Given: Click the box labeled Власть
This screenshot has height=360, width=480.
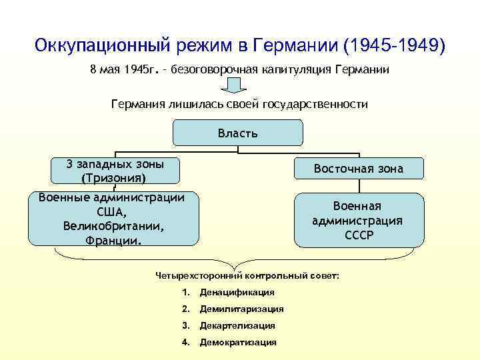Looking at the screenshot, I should (x=237, y=133).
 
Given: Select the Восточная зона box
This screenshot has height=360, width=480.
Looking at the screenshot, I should (x=359, y=169).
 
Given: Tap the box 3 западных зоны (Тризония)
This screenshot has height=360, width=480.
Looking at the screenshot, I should (x=116, y=171).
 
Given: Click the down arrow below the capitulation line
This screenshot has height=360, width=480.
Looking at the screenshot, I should (x=234, y=85).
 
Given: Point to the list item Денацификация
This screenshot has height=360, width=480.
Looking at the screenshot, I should (x=237, y=292).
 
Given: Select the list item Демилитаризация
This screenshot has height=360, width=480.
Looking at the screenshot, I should (x=241, y=309).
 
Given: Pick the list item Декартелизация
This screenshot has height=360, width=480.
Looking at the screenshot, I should (x=237, y=325).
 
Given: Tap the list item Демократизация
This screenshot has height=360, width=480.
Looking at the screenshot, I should (x=238, y=342).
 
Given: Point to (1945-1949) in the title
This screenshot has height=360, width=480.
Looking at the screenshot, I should (x=393, y=47).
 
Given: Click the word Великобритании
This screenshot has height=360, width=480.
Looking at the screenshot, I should (x=114, y=225).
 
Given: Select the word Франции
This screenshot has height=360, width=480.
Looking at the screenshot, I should (x=114, y=239).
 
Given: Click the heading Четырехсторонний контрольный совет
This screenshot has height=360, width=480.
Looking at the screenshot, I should (x=247, y=275).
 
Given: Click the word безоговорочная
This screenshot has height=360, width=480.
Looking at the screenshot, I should (x=211, y=69).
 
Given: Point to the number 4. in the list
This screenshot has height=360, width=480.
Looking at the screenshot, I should (x=185, y=342).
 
